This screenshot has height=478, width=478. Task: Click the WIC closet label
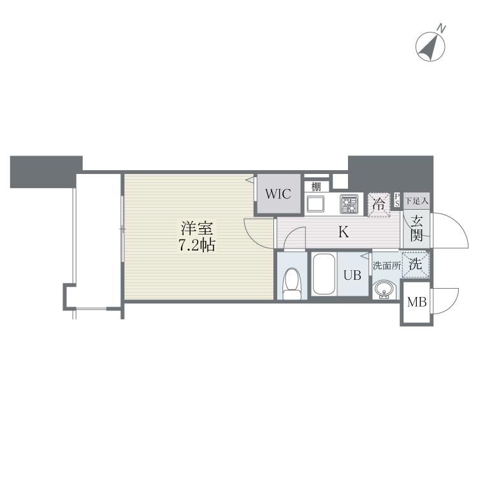tap(278, 194)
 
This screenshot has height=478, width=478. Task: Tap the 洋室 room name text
tap(197, 229)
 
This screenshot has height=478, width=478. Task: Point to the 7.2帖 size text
tap(197, 245)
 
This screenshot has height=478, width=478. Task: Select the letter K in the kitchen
tap(344, 232)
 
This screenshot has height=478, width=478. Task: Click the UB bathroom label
tap(352, 275)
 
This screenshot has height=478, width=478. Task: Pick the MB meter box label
tap(417, 302)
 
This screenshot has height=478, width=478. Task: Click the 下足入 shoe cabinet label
tap(416, 201)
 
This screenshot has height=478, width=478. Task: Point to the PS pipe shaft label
tap(397, 200)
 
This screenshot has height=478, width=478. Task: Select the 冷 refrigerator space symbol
tap(379, 205)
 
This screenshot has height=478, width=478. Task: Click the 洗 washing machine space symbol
tap(415, 264)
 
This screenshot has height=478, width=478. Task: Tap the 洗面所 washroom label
tap(387, 266)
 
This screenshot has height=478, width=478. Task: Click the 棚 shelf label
tap(316, 187)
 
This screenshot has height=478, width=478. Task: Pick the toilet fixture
tap(292, 284)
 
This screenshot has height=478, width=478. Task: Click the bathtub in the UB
tap(324, 274)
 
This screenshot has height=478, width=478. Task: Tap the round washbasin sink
tap(384, 289)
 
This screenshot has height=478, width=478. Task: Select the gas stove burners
tap(349, 204)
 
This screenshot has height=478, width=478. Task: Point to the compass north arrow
tap(430, 47)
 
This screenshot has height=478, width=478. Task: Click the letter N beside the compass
tap(441, 28)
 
